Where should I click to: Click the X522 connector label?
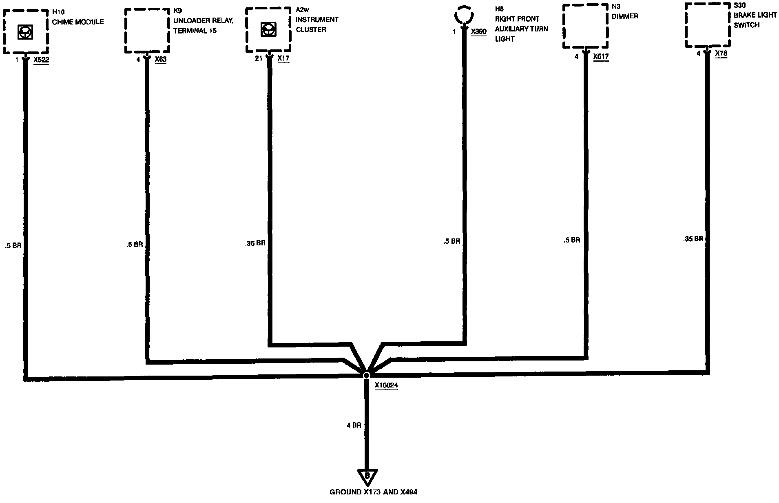click(41, 60)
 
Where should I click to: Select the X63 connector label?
click(161, 60)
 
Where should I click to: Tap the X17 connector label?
click(283, 58)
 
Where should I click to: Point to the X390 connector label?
click(478, 31)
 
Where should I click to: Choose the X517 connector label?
click(601, 57)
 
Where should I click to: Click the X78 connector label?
click(721, 53)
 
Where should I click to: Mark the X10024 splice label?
click(386, 385)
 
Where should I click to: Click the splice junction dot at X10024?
click(366, 375)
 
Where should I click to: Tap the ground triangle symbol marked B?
click(367, 476)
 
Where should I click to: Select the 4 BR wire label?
click(354, 425)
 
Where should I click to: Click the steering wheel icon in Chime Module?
click(25, 32)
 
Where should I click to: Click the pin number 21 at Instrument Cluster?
click(259, 58)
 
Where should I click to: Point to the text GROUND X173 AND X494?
click(373, 492)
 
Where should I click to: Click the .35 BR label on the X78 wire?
click(693, 239)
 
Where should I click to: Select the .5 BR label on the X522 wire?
click(13, 246)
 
